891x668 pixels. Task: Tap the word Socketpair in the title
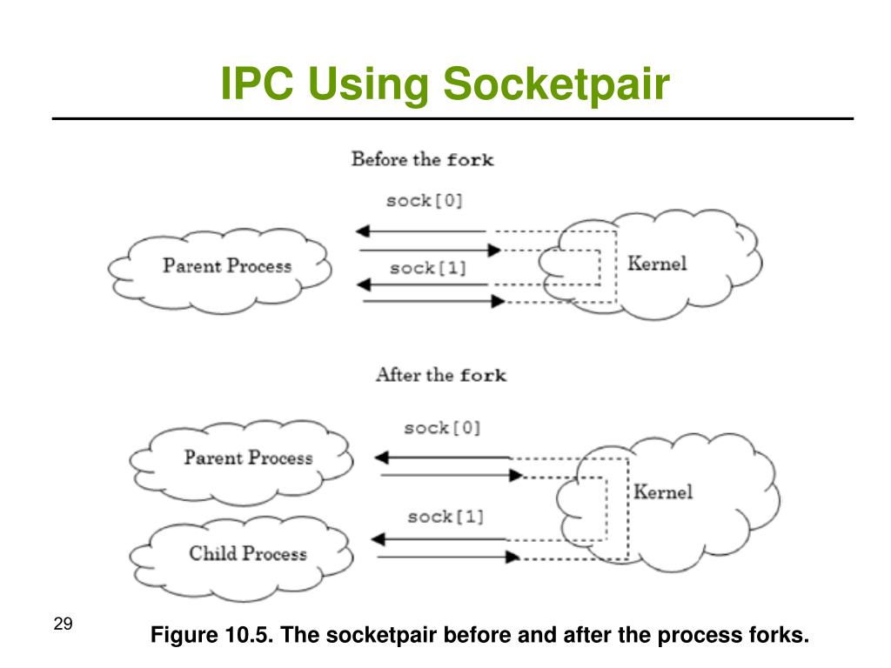coord(557,85)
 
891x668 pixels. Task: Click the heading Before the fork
coord(422,159)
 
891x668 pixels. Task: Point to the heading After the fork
coord(440,375)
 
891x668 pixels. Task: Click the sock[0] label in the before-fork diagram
coord(425,201)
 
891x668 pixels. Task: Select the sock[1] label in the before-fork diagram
coord(428,268)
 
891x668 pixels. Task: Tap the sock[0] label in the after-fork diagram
coord(442,428)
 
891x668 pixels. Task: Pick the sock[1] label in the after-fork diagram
coord(445,517)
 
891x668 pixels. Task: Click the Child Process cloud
coord(247,554)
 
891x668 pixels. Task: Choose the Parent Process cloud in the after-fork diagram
coord(247,458)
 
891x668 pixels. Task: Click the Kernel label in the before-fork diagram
coord(657,263)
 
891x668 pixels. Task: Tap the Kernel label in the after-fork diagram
coord(662,491)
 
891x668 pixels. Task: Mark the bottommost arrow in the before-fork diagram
coord(432,301)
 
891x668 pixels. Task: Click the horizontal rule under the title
coord(452,118)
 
